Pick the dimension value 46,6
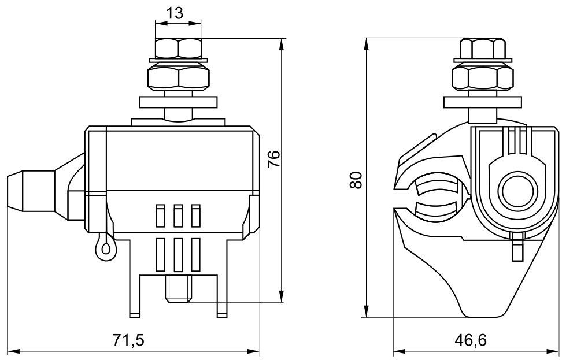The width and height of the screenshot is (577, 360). pos(472,339)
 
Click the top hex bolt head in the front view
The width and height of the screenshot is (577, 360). pos(178,47)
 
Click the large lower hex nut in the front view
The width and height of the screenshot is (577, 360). pos(178,76)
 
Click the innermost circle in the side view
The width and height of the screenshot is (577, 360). pos(516,191)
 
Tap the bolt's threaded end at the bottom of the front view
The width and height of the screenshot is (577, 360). pos(177,289)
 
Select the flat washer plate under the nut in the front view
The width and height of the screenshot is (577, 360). pos(179,103)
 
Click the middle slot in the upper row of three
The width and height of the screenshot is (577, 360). pos(179,216)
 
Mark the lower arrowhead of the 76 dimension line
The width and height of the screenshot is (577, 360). pos(282,297)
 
